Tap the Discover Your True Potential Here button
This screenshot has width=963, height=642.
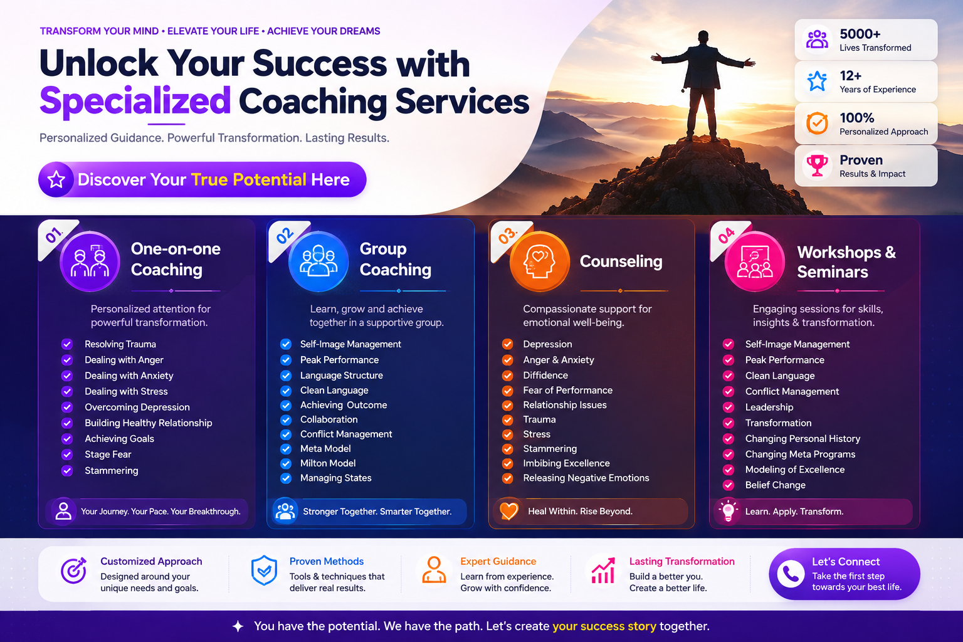pos(202,179)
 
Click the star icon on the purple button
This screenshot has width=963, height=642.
pos(56,179)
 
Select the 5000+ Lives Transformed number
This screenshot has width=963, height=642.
pos(860,33)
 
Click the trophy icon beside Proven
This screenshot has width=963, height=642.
pos(817,166)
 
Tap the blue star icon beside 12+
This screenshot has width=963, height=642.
pos(817,81)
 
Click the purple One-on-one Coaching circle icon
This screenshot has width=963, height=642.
pos(90,261)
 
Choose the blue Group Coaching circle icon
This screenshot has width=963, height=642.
pos(318,261)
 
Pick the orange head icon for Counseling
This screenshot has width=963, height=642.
pos(539,261)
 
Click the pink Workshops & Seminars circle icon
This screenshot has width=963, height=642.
pos(754,261)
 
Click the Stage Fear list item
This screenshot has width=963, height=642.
pos(108,455)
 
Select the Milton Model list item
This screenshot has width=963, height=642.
pos(328,463)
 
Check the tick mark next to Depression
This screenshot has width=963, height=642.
pos(507,344)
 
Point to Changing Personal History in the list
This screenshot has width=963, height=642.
pos(802,439)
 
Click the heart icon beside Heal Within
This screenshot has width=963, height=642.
pos(508,511)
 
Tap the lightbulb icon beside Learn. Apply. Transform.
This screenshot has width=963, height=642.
pos(728,511)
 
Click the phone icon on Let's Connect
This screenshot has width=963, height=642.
pos(790,574)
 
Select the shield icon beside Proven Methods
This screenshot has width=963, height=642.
pos(263,570)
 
